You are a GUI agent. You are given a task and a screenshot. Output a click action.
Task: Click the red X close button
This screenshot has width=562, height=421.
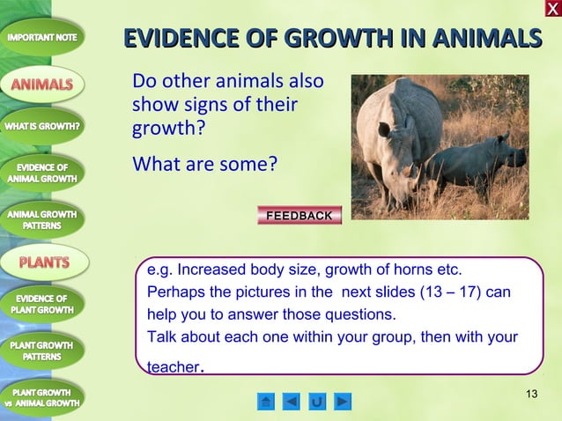pyautogui.click(x=551, y=9)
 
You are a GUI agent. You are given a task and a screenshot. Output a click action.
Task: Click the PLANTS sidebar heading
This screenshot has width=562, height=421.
pyautogui.click(x=44, y=262)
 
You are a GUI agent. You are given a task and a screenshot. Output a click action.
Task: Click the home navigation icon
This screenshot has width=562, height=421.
pyautogui.click(x=266, y=403)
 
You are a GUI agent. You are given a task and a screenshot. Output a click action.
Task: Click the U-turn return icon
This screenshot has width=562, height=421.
pyautogui.click(x=317, y=403)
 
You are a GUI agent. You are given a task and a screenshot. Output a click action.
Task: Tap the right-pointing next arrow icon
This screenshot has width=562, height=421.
pyautogui.click(x=343, y=403)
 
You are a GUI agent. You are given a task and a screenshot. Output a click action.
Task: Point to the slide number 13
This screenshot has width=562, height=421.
pyautogui.click(x=530, y=392)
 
